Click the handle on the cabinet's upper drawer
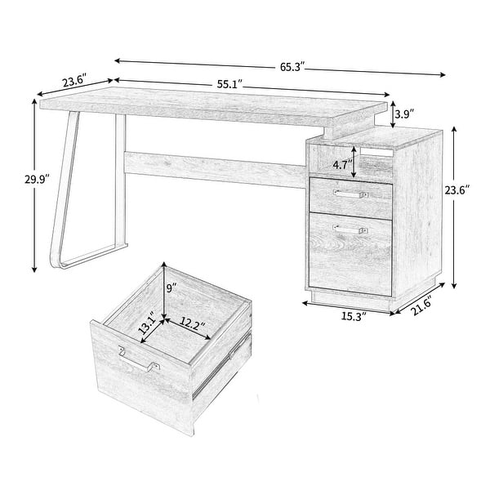(x=351, y=194)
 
